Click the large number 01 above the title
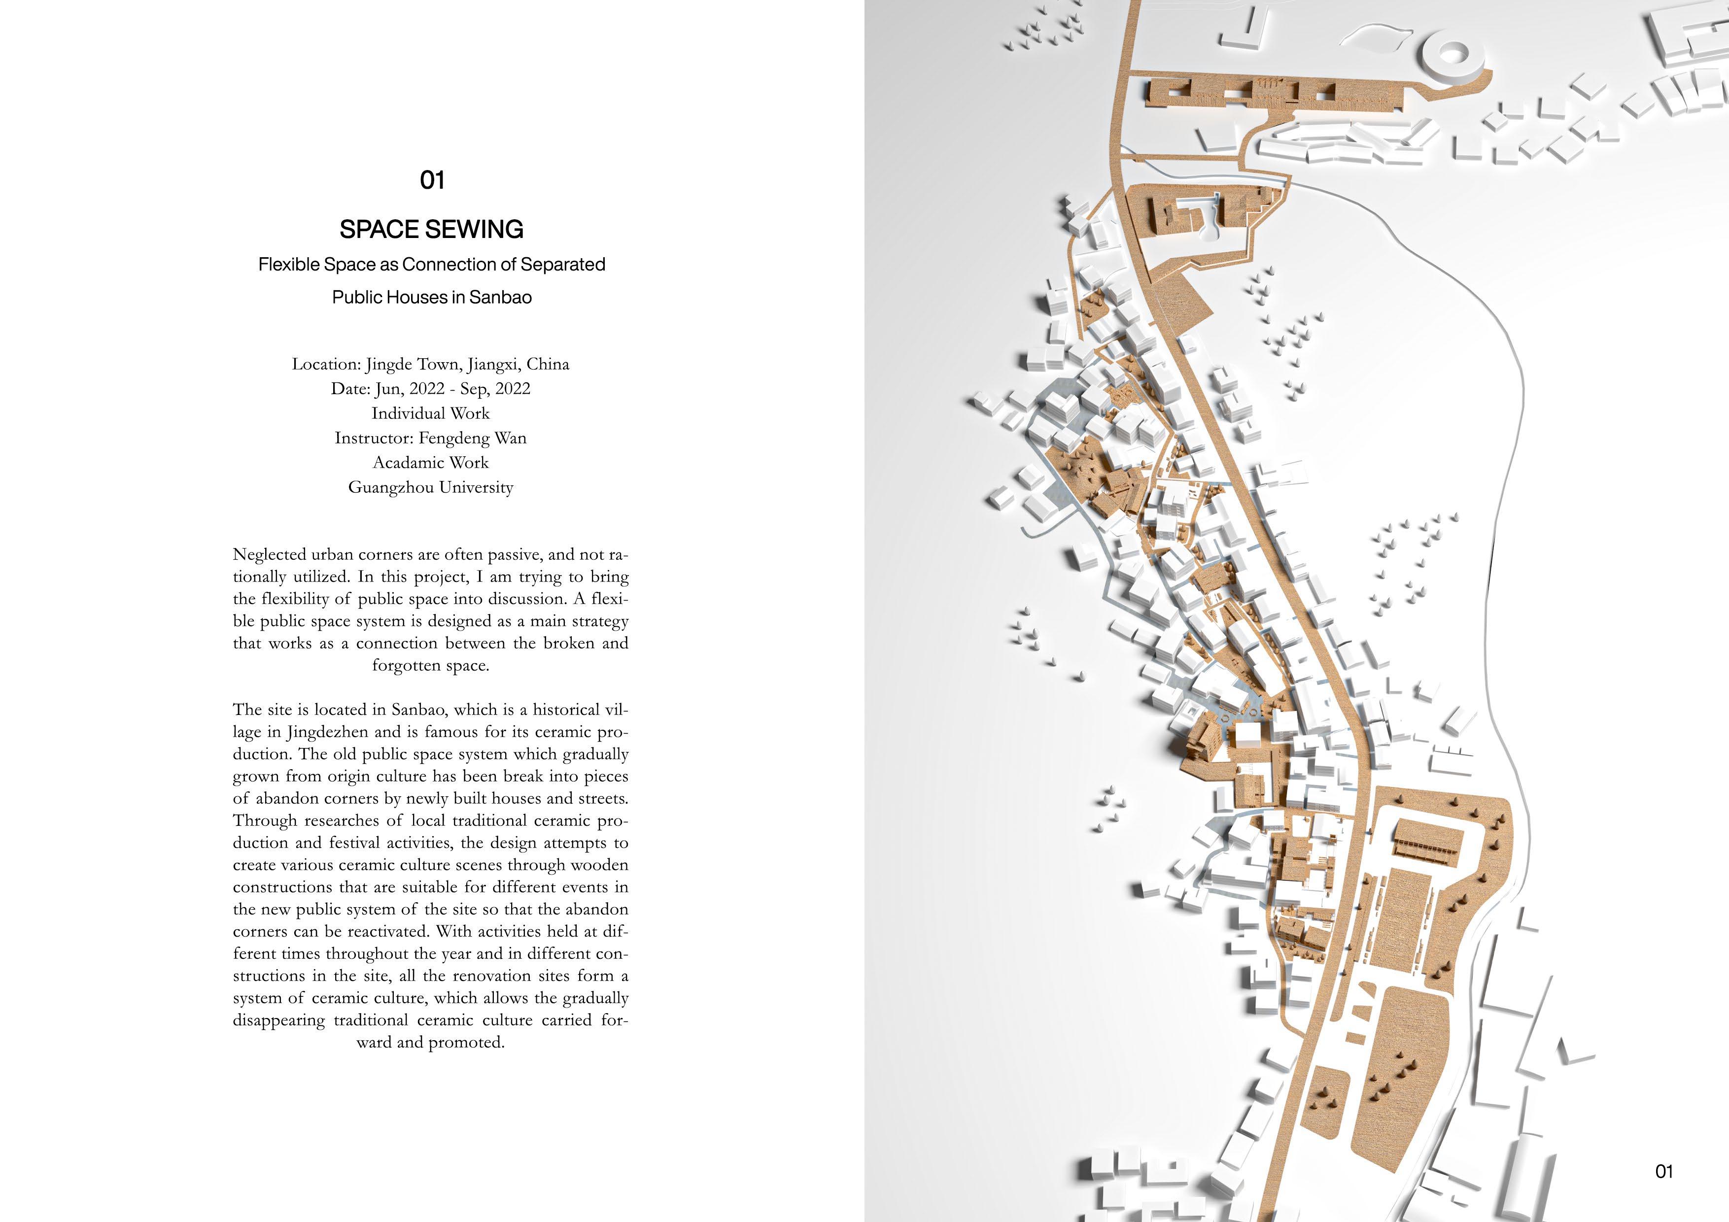[431, 180]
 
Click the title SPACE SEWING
[431, 229]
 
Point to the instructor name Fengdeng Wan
[472, 438]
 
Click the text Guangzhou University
[431, 487]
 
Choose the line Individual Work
[431, 413]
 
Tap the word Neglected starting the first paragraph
[270, 555]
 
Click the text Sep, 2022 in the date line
[495, 389]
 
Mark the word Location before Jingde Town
[325, 365]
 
